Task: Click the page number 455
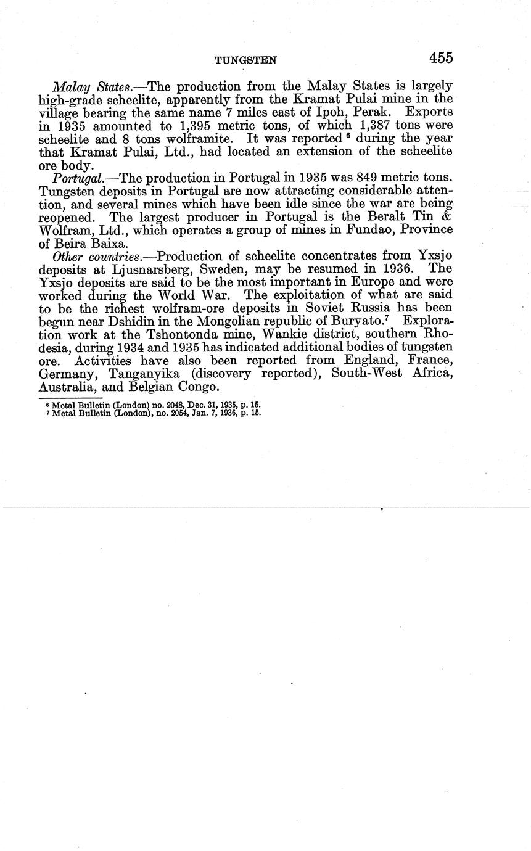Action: [442, 58]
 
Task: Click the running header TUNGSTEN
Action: [245, 60]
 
